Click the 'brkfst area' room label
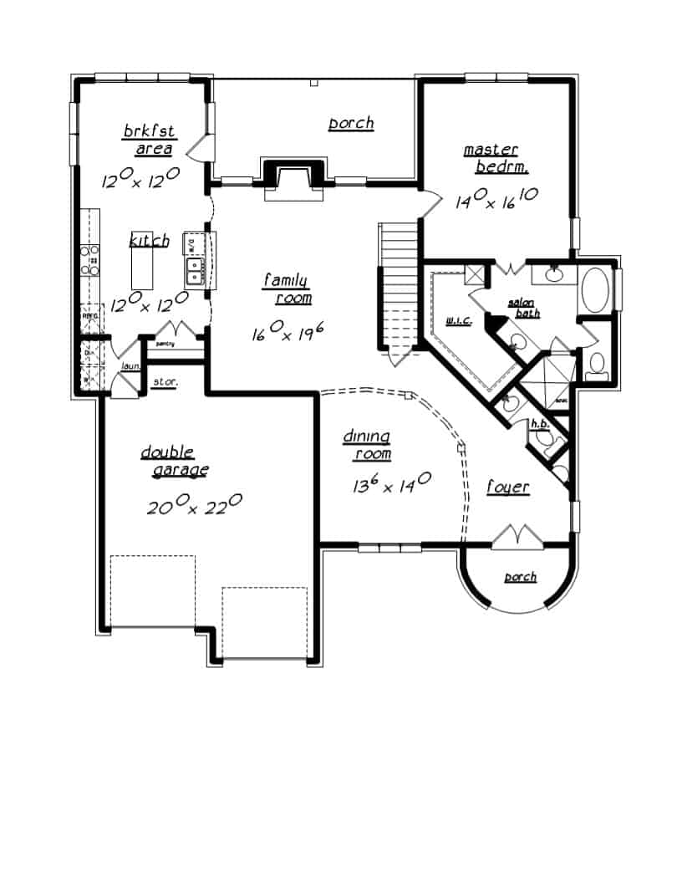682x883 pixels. (x=149, y=140)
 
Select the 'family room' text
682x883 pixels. (x=288, y=289)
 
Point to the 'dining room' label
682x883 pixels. (x=369, y=445)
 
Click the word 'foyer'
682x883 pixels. (x=508, y=487)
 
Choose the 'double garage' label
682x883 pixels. (x=173, y=462)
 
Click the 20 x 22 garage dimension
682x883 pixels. (x=195, y=505)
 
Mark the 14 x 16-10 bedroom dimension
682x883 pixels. (x=496, y=199)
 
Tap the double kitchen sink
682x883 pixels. (x=195, y=271)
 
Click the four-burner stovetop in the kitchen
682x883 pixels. (x=89, y=260)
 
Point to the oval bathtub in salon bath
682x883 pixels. (x=596, y=289)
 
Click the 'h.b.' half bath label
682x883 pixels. (x=540, y=425)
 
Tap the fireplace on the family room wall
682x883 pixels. (x=293, y=179)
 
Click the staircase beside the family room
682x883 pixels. (x=398, y=284)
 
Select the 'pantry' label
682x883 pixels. (x=164, y=344)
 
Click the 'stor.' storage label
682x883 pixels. (x=163, y=383)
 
